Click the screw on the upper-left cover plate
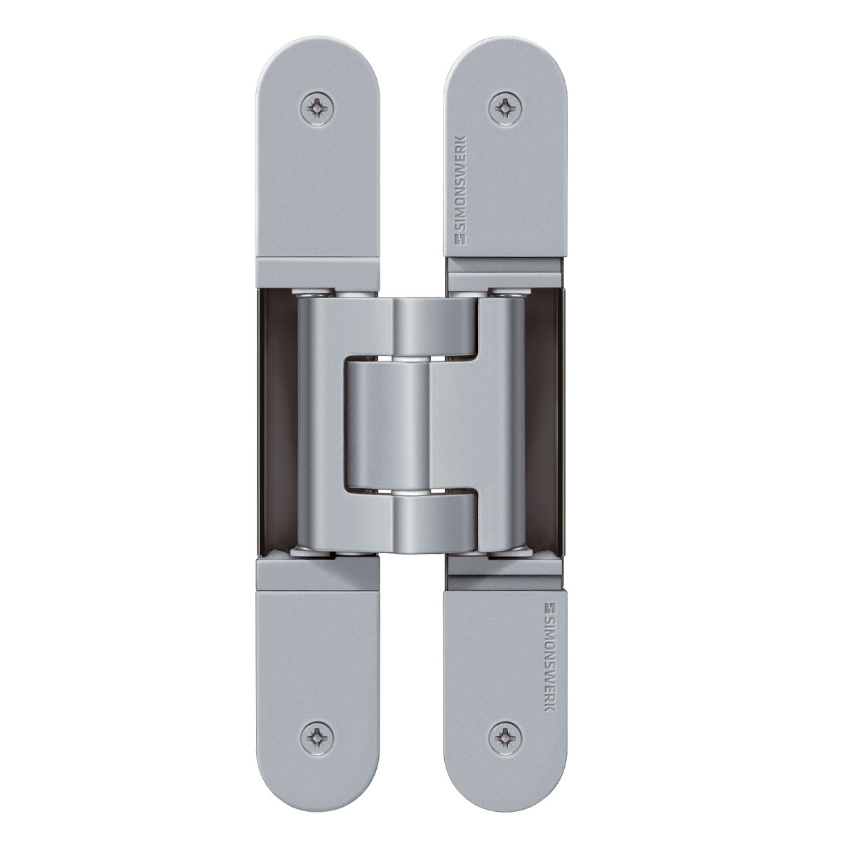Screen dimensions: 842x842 coord(319,108)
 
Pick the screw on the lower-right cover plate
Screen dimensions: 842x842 coord(504,735)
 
